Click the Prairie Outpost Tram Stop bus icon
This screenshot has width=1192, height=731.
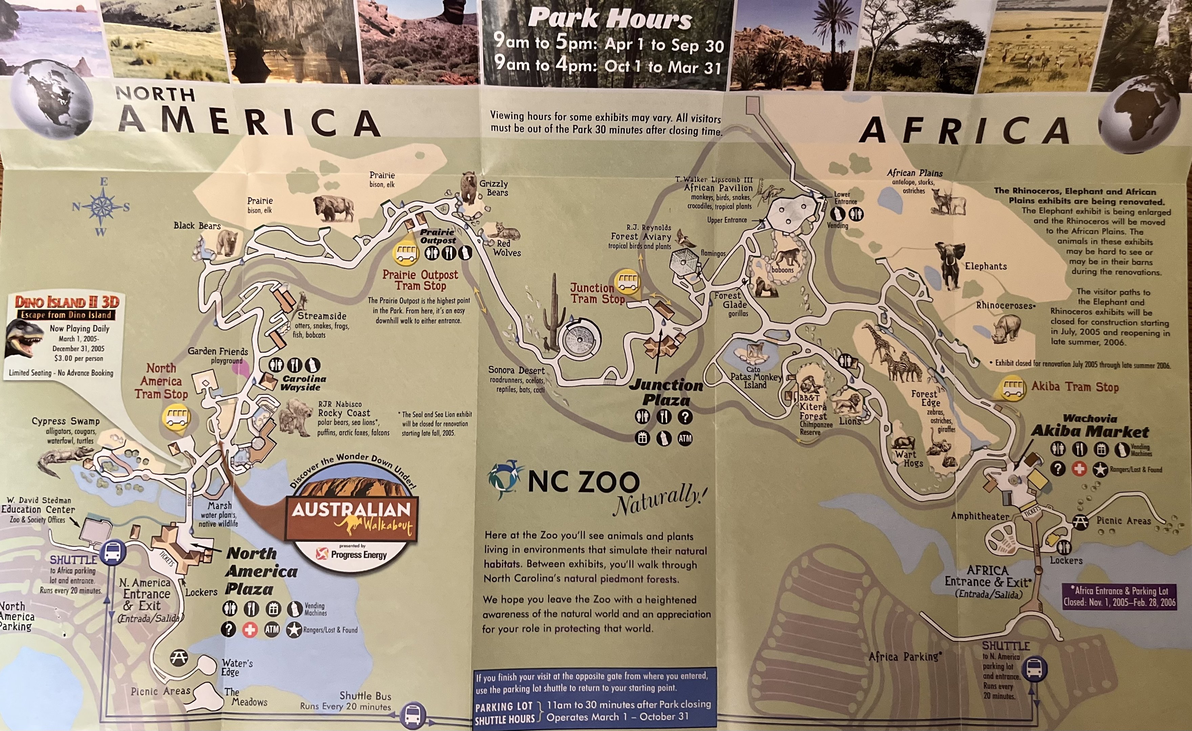[x=405, y=252]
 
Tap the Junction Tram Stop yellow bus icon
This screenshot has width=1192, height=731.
[x=627, y=282]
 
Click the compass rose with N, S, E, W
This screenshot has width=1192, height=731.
[x=101, y=207]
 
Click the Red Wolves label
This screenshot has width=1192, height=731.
[x=506, y=248]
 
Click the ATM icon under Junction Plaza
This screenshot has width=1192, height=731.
[x=684, y=439]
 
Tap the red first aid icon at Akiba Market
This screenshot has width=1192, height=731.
[x=1079, y=468]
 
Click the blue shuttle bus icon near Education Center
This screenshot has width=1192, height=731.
[x=113, y=552]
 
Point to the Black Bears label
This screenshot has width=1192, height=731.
[x=197, y=226]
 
